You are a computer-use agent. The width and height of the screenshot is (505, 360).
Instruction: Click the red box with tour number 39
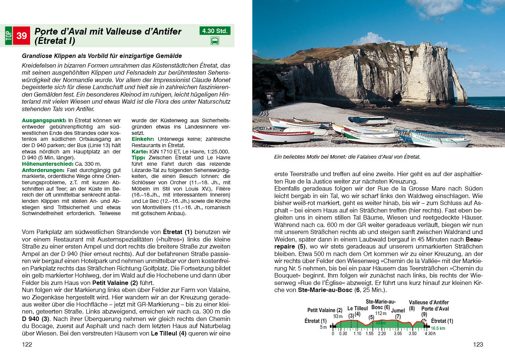click(x=22, y=36)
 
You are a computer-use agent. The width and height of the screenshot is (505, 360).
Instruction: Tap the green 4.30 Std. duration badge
click(x=215, y=31)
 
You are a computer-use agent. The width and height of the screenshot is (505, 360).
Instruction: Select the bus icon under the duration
click(x=215, y=41)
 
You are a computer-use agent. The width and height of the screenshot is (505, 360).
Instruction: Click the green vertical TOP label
click(x=9, y=36)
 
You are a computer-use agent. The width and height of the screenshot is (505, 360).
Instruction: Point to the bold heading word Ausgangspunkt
click(x=44, y=120)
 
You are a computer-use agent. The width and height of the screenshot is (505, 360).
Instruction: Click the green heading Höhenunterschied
click(x=48, y=164)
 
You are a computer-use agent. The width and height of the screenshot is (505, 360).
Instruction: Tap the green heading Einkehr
click(x=143, y=139)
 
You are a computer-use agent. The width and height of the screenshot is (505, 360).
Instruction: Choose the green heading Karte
click(x=140, y=152)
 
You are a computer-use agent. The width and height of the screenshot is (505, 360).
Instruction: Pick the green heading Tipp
click(x=138, y=158)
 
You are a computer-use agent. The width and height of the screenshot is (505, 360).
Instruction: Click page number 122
click(x=27, y=344)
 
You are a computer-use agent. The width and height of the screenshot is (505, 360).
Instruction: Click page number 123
click(x=478, y=344)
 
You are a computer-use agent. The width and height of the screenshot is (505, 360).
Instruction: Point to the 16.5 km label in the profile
click(x=438, y=328)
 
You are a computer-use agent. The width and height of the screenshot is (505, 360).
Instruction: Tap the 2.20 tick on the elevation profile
click(x=382, y=334)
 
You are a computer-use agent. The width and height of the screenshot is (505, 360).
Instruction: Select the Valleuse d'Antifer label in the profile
click(x=428, y=302)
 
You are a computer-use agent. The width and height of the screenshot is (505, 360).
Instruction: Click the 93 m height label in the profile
click(x=338, y=317)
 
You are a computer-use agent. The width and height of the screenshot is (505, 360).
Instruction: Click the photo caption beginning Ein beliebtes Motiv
click(x=347, y=157)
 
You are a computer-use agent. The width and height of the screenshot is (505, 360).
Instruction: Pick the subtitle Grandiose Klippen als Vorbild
click(x=102, y=56)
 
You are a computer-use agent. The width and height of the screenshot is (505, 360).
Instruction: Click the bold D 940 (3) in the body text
click(x=36, y=319)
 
